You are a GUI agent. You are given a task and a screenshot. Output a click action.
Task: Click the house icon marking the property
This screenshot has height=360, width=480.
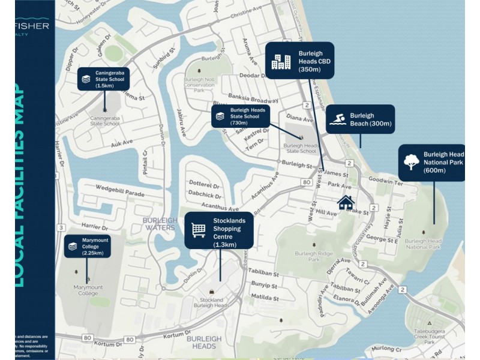point(345,203)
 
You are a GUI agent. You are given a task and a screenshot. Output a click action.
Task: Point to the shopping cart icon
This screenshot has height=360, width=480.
point(199,230)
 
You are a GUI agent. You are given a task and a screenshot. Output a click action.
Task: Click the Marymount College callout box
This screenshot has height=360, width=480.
point(88,247)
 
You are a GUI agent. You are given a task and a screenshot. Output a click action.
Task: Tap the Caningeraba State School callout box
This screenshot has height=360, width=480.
point(103,79)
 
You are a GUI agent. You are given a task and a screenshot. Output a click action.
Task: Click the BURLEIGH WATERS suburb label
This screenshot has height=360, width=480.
point(160,224)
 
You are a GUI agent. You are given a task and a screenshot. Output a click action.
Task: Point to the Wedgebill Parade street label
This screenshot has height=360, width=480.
point(120,194)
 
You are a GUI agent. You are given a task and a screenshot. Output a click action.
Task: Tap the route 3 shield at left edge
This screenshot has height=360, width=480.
point(61,227)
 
